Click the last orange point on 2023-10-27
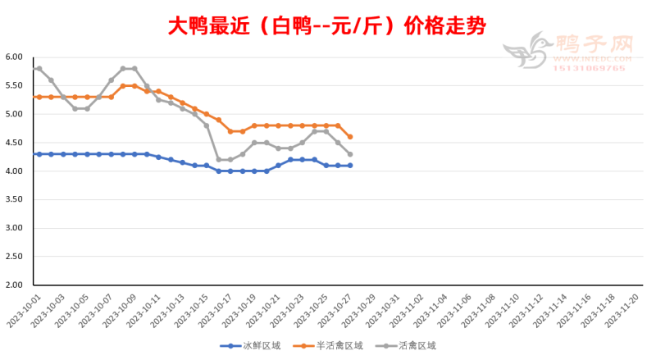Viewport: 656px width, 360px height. click(x=350, y=137)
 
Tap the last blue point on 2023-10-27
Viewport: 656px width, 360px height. click(x=350, y=166)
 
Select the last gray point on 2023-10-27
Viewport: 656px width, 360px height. click(x=350, y=154)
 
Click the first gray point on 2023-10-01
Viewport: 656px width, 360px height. click(x=39, y=69)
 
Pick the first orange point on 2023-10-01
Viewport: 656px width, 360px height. click(x=39, y=97)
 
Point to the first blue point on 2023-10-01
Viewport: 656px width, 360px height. click(x=39, y=154)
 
